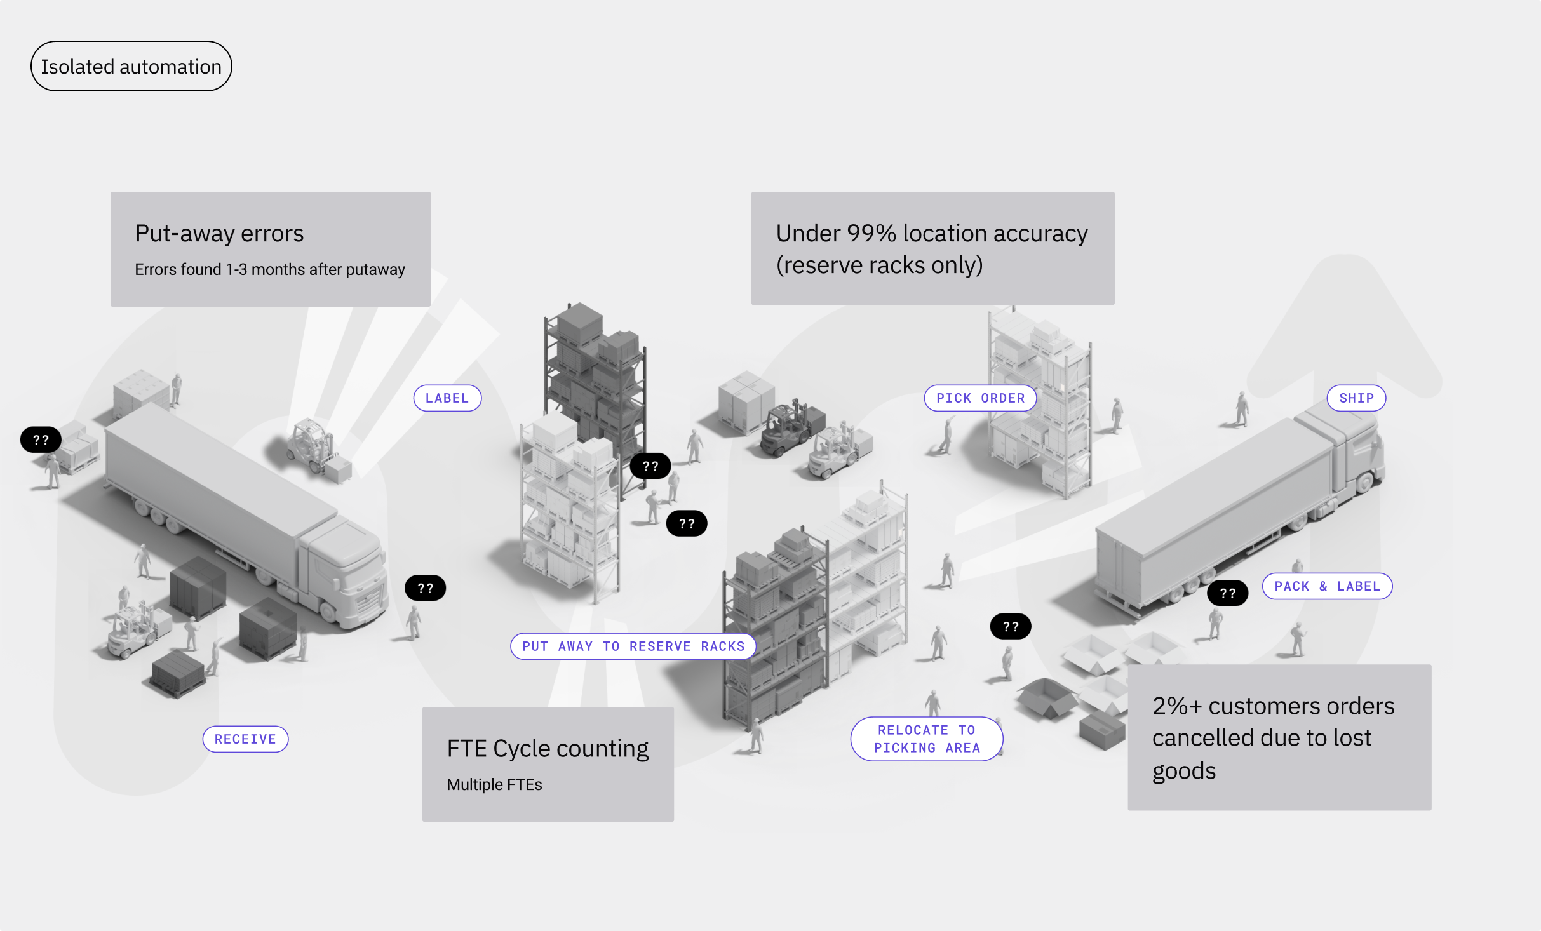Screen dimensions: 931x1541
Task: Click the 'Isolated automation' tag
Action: click(131, 67)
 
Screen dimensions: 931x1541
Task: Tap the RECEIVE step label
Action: click(245, 739)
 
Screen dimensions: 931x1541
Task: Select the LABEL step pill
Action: click(447, 398)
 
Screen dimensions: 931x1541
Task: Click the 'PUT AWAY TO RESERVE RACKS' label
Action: click(633, 646)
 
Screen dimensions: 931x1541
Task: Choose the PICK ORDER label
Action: click(980, 398)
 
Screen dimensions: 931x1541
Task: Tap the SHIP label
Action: click(1356, 398)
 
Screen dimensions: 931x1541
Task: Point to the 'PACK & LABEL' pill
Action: click(1327, 586)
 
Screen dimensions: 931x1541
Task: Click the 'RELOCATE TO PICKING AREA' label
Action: click(927, 739)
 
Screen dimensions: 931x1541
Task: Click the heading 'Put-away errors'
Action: click(219, 234)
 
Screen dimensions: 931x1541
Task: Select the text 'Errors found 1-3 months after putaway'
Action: click(269, 270)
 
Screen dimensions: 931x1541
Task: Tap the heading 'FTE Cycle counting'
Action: click(548, 749)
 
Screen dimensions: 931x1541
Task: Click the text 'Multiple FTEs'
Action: click(494, 785)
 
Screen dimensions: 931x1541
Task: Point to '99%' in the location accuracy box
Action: click(871, 234)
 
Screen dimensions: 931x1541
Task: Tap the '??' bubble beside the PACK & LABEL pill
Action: click(1227, 594)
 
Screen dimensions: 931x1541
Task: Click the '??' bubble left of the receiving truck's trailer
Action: click(41, 440)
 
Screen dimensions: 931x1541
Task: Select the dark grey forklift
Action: click(790, 429)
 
